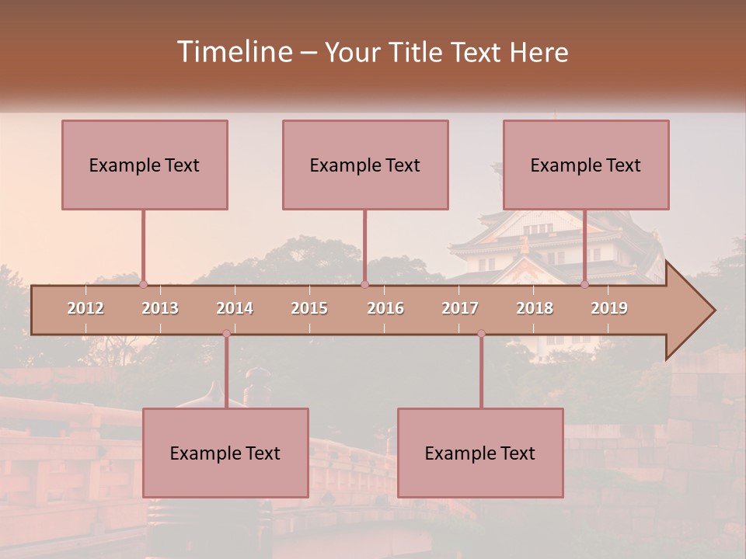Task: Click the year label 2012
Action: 85,308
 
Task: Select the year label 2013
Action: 160,308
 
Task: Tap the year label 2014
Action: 235,308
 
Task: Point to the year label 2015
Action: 309,308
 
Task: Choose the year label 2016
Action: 385,308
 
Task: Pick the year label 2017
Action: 460,308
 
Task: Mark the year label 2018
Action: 535,308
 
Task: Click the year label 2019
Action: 609,308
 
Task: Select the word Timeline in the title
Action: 233,52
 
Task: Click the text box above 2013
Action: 145,165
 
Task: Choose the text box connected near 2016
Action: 365,165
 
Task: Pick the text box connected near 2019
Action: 586,165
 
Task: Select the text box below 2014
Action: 225,453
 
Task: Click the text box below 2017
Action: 480,453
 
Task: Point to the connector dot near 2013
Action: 143,284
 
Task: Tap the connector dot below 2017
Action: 481,334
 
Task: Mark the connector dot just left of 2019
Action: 585,284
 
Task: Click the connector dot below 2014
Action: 226,334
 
